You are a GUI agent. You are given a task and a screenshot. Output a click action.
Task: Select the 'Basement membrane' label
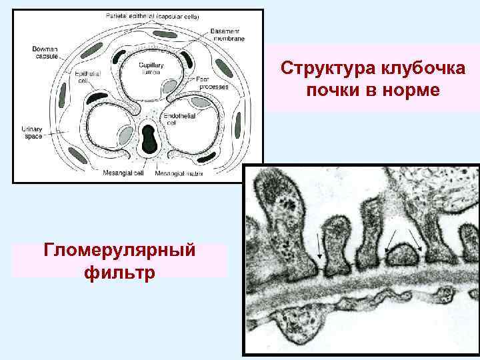point(227,35)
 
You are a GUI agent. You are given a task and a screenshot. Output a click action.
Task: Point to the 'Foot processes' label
point(212,83)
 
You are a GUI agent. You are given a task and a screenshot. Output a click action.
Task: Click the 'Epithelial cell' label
point(83,77)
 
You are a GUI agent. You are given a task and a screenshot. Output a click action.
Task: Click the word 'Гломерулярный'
point(119,251)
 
